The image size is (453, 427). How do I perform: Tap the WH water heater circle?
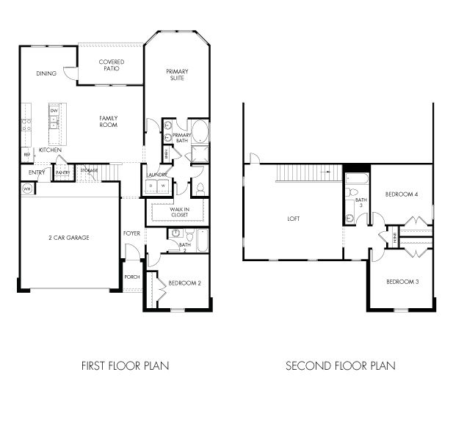[x=26, y=189]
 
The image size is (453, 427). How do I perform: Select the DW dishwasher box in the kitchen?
[x=54, y=111]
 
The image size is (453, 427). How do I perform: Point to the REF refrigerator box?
[x=26, y=155]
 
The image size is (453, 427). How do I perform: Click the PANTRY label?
[x=63, y=173]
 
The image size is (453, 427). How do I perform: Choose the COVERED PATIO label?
[x=111, y=66]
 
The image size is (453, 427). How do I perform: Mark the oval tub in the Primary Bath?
[x=200, y=132]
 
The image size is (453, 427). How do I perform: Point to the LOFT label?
[x=293, y=219]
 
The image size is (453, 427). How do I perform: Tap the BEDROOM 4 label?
[x=402, y=194]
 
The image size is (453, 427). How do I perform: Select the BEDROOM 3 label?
[x=402, y=282]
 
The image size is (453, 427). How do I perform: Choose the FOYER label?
[x=131, y=233]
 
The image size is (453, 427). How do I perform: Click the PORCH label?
[x=131, y=277]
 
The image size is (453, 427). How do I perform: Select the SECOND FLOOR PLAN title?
[x=340, y=365]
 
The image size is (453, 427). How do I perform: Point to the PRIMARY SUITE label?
[x=176, y=74]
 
